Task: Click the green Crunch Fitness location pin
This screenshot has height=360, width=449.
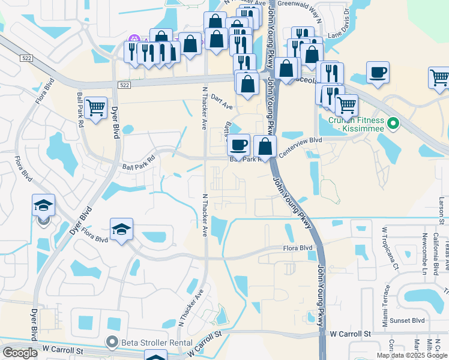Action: tap(393, 124)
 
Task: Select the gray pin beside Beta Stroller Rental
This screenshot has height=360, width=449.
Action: tap(112, 343)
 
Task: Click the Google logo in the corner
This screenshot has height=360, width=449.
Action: tap(20, 353)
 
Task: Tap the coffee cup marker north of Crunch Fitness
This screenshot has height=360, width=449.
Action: tap(377, 73)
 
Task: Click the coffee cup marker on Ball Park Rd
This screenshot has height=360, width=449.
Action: tap(238, 145)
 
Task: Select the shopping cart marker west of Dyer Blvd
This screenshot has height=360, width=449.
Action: tap(95, 108)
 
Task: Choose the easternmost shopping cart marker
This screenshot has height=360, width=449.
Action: tap(439, 77)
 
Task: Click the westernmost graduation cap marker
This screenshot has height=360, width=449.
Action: tap(43, 205)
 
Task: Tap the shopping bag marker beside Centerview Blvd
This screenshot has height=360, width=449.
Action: tap(265, 146)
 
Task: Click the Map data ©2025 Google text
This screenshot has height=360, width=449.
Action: tap(412, 355)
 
